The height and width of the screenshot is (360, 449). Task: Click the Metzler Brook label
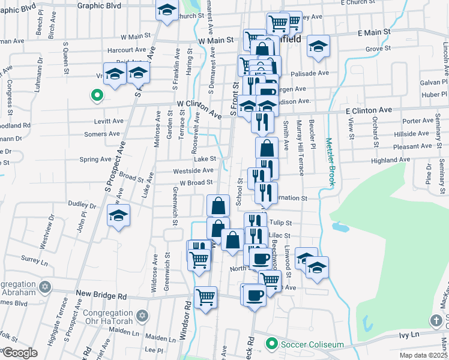pos(329,163)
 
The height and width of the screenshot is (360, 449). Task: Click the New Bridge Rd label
pos(101,296)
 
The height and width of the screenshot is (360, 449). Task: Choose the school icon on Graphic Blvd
pos(167,10)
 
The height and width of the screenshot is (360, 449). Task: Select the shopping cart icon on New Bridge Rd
pos(205,297)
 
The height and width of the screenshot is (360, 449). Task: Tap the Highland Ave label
pos(390,160)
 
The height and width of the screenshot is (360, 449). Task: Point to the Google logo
pos(20,352)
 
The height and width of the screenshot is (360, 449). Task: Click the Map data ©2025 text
pos(423,355)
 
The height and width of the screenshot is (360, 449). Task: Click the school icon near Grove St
pos(318,46)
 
